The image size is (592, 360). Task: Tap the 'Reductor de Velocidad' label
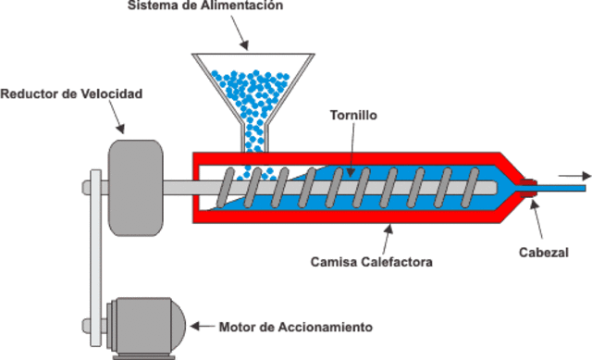coord(71,93)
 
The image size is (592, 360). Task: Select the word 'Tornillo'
coord(352,117)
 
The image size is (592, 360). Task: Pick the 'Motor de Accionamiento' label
coord(296,327)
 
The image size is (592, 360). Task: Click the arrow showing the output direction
coord(573,176)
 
